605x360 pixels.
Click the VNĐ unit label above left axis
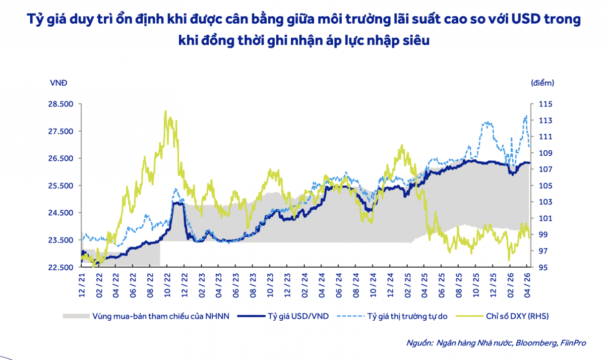(x=58, y=83)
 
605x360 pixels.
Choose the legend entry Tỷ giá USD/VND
(x=297, y=316)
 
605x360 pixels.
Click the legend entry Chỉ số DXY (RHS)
(x=516, y=316)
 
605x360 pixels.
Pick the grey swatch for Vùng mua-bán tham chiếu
(x=76, y=316)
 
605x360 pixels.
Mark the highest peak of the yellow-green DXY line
(x=166, y=112)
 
